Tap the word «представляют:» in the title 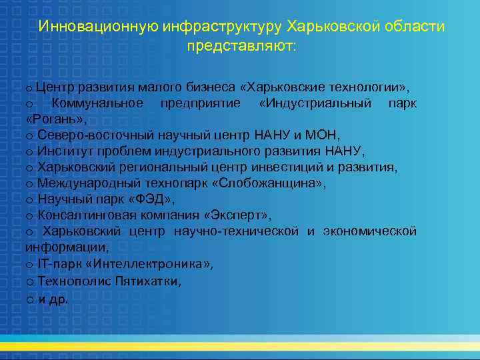click(x=243, y=47)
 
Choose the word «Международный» click(x=84, y=183)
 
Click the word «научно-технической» click(x=236, y=231)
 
